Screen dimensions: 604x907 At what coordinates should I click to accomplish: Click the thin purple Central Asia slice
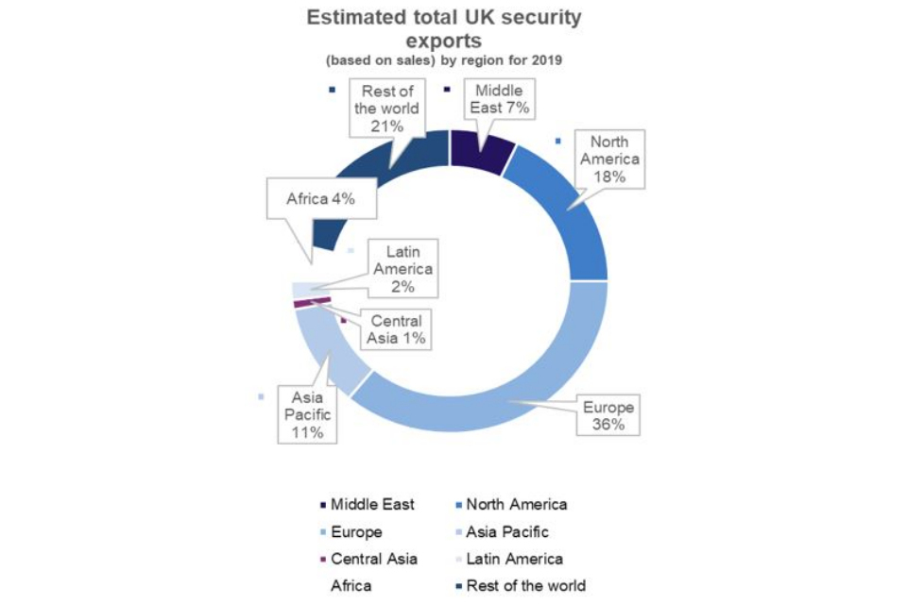pyautogui.click(x=312, y=301)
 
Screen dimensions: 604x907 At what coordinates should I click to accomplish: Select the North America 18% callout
pyautogui.click(x=609, y=158)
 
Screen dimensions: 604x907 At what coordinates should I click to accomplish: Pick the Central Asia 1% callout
pyautogui.click(x=396, y=328)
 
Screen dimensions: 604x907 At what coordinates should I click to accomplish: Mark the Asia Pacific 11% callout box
pyautogui.click(x=307, y=414)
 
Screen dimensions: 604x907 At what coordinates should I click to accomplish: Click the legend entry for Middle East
pyautogui.click(x=372, y=505)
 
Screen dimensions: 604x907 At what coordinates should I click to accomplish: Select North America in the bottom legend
pyautogui.click(x=516, y=505)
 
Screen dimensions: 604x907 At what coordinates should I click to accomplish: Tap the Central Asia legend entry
pyautogui.click(x=374, y=559)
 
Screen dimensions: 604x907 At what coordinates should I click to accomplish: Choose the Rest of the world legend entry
pyautogui.click(x=525, y=585)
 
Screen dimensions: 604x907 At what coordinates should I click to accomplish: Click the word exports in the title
pyautogui.click(x=444, y=41)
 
